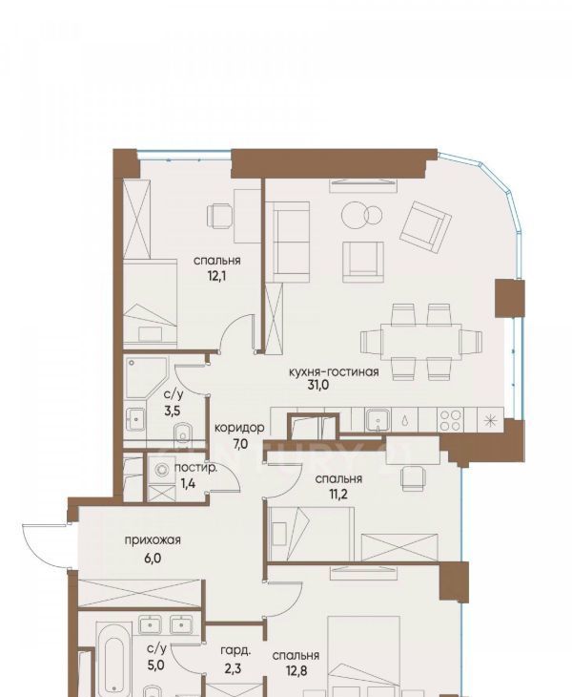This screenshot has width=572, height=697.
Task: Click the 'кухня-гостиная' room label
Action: click(x=334, y=371)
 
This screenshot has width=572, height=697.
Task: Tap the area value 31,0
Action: click(x=318, y=385)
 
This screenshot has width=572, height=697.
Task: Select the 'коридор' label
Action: click(x=239, y=428)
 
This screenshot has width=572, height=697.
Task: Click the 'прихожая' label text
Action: click(x=153, y=540)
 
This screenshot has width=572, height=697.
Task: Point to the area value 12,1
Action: click(x=217, y=277)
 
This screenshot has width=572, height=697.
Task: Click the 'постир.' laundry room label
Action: click(x=195, y=468)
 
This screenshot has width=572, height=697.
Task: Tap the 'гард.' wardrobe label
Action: click(x=235, y=651)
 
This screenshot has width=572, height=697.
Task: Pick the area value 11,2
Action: click(x=338, y=494)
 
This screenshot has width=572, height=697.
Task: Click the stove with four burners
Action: click(x=450, y=420)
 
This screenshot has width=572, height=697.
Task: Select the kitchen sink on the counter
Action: click(x=378, y=420)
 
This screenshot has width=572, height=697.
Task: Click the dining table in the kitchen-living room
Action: click(x=421, y=342)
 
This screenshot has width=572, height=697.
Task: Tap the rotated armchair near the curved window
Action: click(x=425, y=226)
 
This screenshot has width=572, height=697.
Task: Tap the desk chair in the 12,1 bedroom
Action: click(x=219, y=216)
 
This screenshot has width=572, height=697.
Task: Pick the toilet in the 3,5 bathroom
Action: click(x=182, y=433)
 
